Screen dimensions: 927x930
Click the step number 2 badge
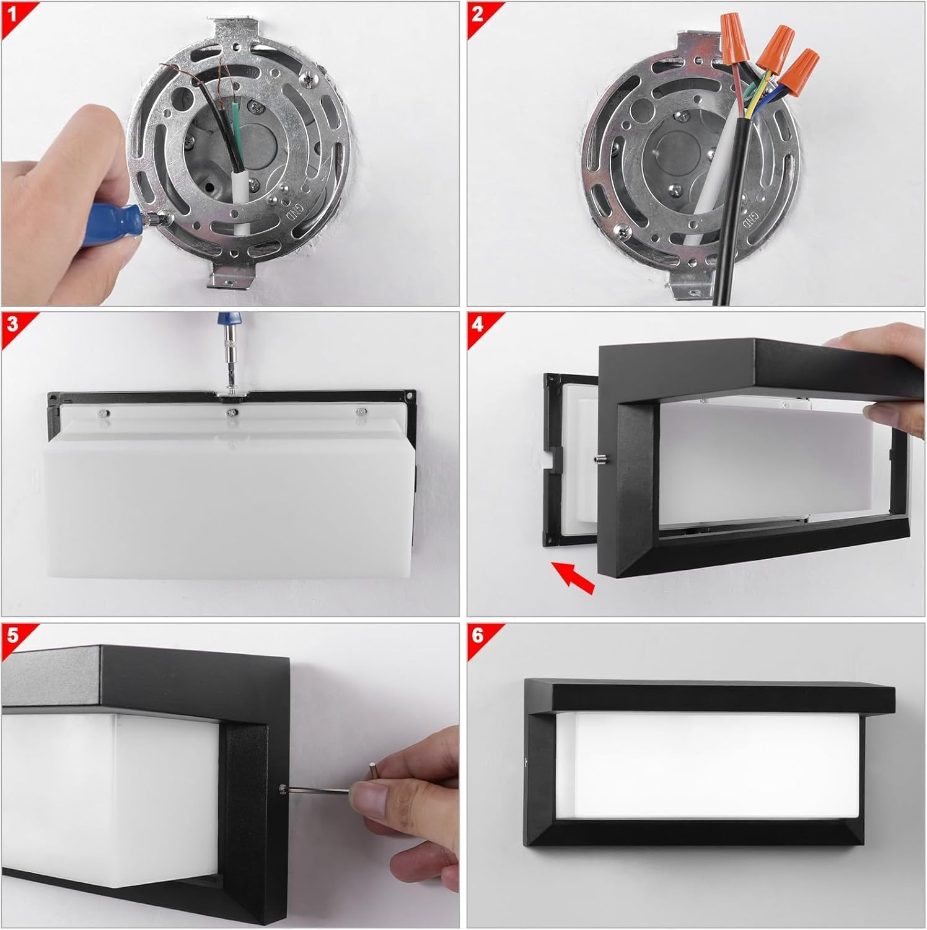(478, 12)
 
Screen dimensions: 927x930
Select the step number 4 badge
(478, 324)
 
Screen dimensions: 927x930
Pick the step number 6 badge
(478, 635)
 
